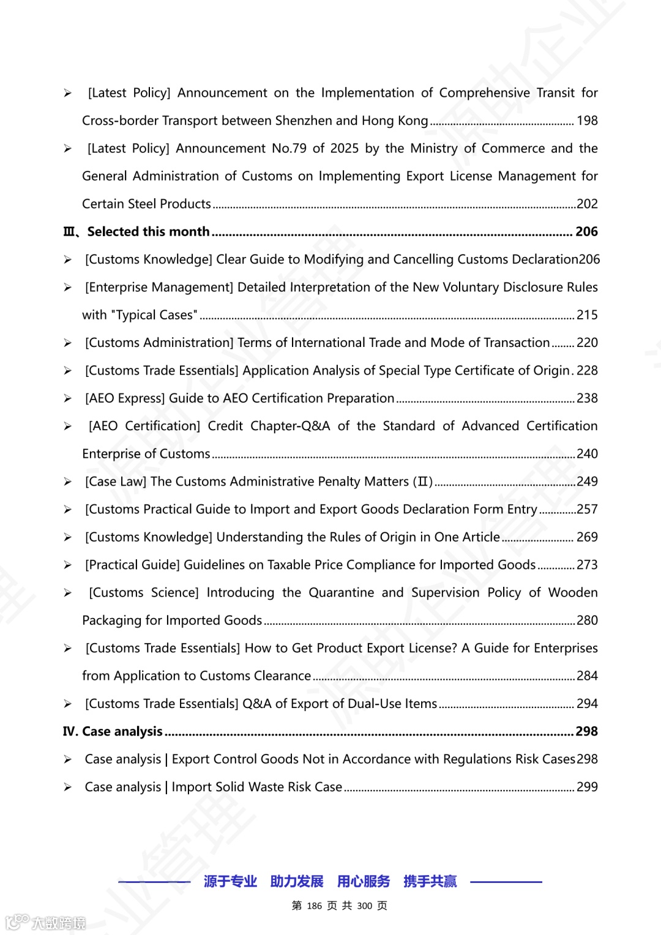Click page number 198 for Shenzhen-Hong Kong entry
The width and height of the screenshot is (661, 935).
tap(587, 121)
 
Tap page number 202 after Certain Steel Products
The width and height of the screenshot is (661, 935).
tap(587, 204)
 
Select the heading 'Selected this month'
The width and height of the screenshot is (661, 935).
tap(148, 231)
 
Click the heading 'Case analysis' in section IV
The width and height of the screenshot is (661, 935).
tap(122, 731)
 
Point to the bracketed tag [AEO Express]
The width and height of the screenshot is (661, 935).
tap(125, 398)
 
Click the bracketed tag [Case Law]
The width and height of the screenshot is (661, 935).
tap(116, 482)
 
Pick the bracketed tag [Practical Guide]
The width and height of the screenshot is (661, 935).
tap(132, 565)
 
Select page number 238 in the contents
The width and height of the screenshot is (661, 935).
tap(587, 398)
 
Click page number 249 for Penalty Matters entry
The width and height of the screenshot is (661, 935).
tap(587, 482)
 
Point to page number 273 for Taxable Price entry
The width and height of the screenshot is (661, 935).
tap(587, 565)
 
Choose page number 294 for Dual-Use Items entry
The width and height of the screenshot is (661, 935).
tap(587, 704)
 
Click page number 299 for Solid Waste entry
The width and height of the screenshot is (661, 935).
tap(587, 787)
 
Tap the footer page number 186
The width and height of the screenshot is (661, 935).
tap(315, 906)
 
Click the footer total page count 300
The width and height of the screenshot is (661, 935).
tap(364, 906)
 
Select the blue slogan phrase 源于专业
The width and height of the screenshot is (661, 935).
tap(230, 881)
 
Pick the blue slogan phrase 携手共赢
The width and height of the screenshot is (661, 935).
tap(430, 881)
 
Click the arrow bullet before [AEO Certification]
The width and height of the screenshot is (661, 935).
tap(68, 427)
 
